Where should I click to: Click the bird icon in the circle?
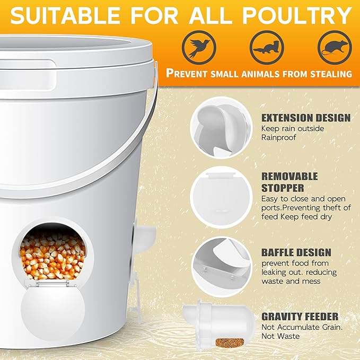click(199, 47)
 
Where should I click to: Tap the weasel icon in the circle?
click(267, 47)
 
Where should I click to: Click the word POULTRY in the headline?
click(297, 15)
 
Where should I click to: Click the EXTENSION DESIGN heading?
click(306, 118)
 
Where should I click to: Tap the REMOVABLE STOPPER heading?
click(289, 182)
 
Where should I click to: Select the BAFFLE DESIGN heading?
click(296, 252)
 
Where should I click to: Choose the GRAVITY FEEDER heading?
click(300, 317)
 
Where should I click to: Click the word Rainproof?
click(279, 137)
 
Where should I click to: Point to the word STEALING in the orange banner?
click(331, 74)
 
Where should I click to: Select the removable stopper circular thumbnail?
click(221, 197)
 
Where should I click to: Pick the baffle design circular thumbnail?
click(221, 267)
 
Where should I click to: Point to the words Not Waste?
click(280, 336)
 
